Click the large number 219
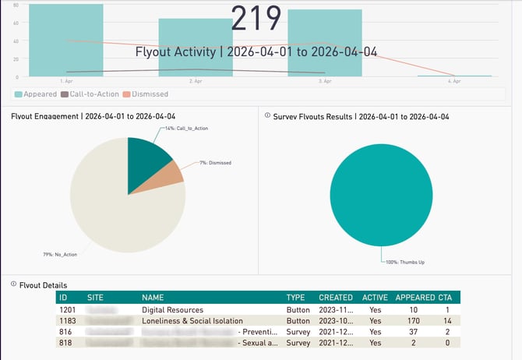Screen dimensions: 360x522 click(x=256, y=19)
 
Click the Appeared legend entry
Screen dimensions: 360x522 click(x=36, y=94)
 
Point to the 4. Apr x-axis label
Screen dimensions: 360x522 click(x=453, y=81)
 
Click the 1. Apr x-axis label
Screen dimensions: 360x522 click(x=67, y=81)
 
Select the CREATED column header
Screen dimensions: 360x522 click(x=336, y=298)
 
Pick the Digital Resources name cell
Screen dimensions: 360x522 click(x=172, y=309)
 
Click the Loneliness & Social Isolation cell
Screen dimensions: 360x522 click(x=192, y=320)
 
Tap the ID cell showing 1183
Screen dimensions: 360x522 click(x=69, y=320)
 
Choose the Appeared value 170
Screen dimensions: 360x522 click(x=413, y=320)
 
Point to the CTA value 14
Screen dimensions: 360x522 click(x=446, y=320)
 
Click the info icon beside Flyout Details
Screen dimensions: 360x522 click(x=14, y=284)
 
